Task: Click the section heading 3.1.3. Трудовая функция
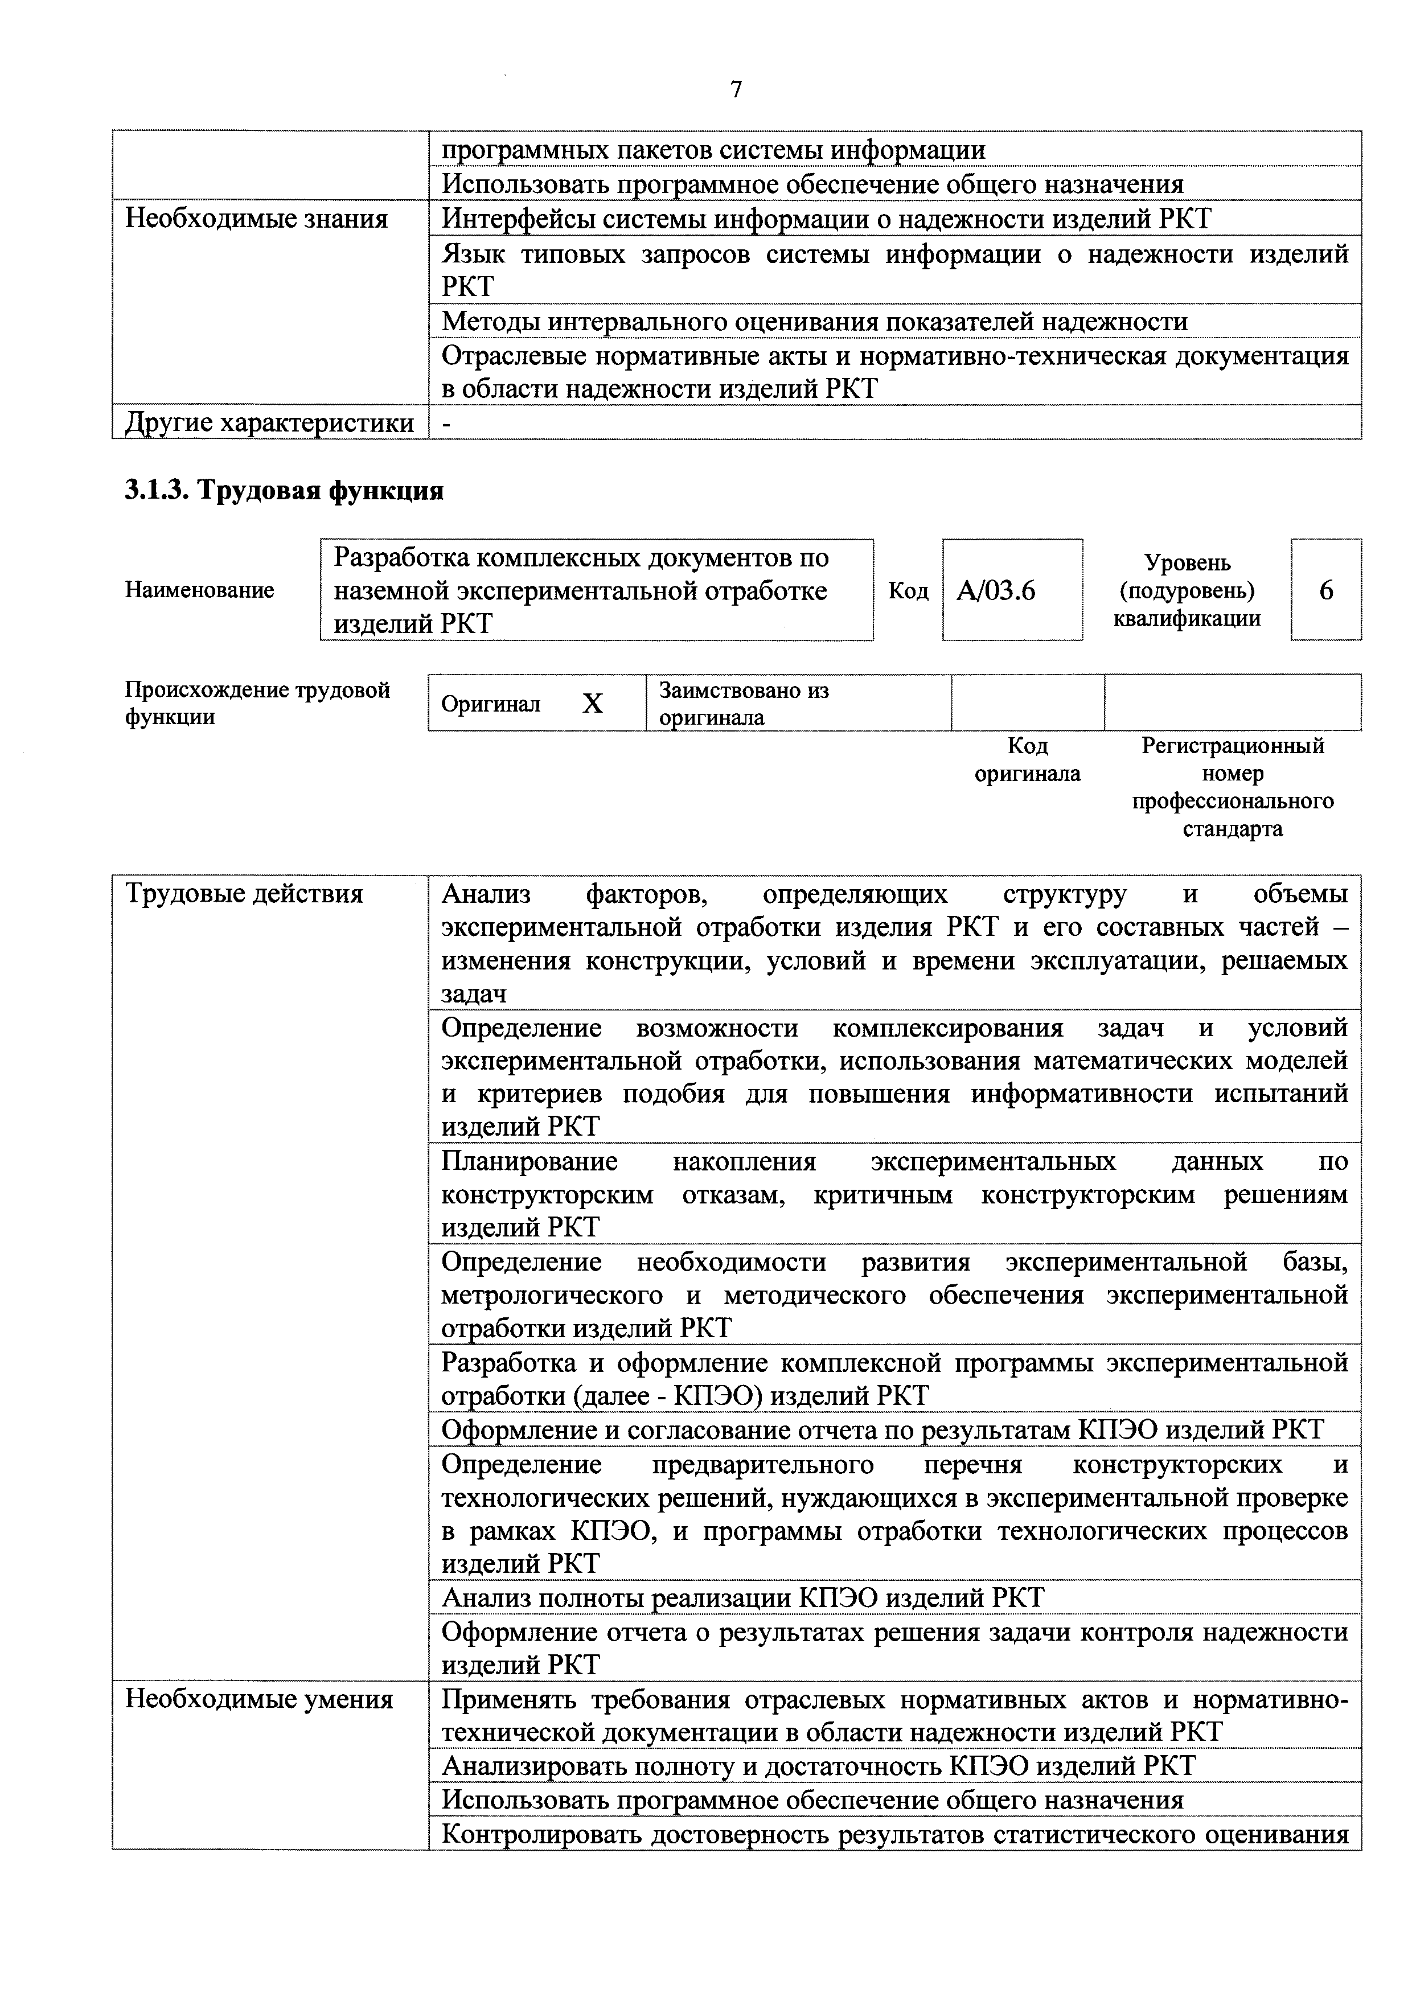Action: [x=284, y=491]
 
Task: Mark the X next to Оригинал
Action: [x=593, y=704]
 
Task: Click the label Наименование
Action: [x=199, y=590]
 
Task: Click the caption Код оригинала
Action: [x=1028, y=759]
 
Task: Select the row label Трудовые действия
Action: [x=244, y=893]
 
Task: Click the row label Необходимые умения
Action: [x=259, y=1699]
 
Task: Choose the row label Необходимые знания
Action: [x=257, y=218]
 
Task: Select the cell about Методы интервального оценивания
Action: [x=814, y=322]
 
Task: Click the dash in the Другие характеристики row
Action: [x=447, y=424]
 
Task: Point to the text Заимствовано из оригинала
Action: [x=743, y=704]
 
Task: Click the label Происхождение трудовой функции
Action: [x=257, y=703]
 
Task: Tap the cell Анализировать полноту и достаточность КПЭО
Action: [x=818, y=1766]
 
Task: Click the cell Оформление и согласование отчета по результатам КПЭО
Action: [x=882, y=1430]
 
